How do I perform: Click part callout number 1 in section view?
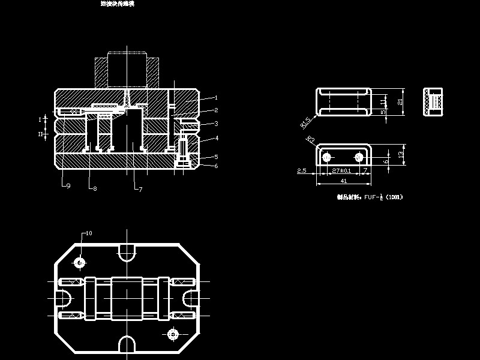tap(215, 97)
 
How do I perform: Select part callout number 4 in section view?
tap(215, 138)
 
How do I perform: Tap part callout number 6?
tap(215, 166)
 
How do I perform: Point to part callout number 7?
tap(140, 189)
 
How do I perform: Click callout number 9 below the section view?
tap(68, 186)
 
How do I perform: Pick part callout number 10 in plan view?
tap(89, 233)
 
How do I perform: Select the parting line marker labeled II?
tap(41, 134)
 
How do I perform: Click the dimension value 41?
tap(344, 181)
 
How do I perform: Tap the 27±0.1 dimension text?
tap(343, 171)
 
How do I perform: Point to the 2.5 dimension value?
tap(302, 171)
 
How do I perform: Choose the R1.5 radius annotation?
tap(305, 123)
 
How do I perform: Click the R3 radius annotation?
tap(310, 139)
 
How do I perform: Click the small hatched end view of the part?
tap(433, 103)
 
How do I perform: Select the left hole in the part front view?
tap(326, 157)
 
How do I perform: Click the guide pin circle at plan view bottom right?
tap(173, 333)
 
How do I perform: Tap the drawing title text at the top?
tap(118, 4)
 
